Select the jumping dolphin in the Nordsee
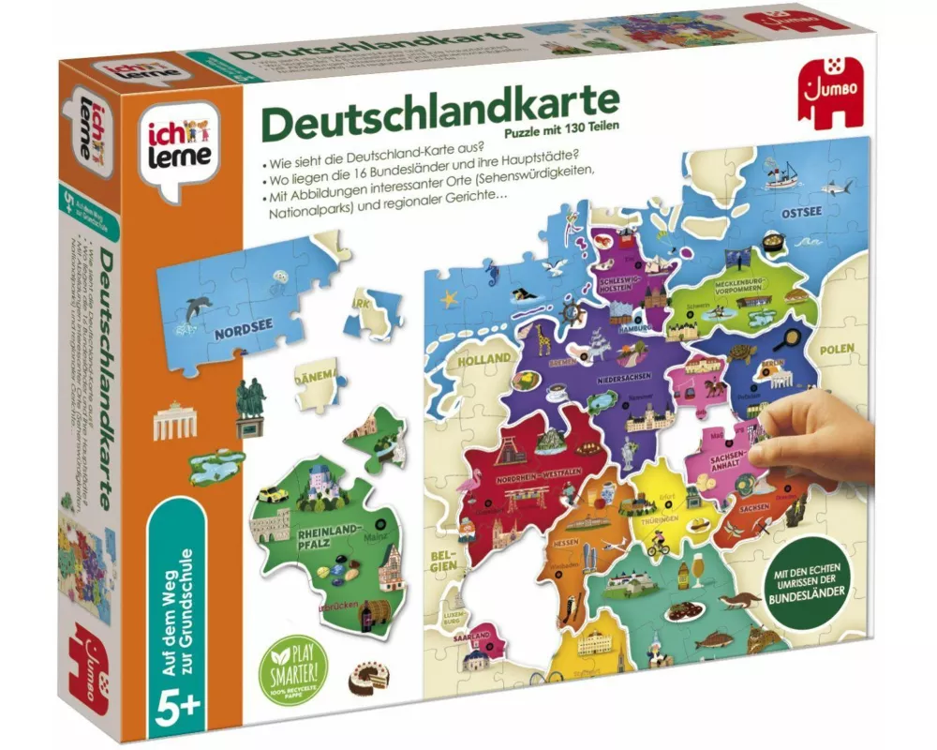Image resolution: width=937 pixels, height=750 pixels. coord(198,307)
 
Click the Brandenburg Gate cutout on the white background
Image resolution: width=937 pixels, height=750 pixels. coord(172,421)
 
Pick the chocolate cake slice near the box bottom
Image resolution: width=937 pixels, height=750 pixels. coord(364,678)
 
